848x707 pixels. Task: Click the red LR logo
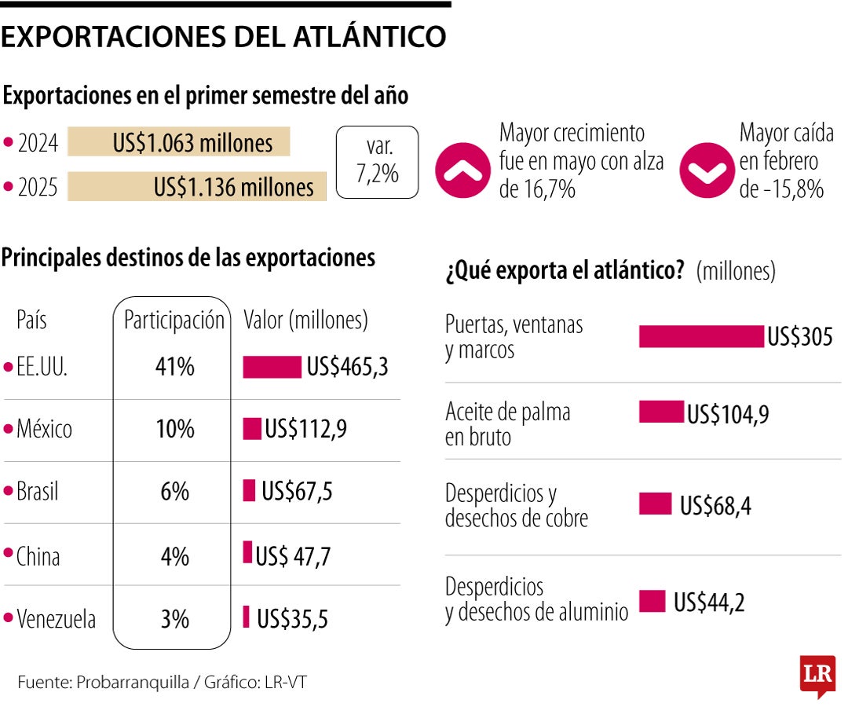[x=817, y=674]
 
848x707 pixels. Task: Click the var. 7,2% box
[x=377, y=162]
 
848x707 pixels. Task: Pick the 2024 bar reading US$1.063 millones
[x=179, y=143]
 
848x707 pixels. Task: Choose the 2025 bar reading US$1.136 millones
[x=197, y=187]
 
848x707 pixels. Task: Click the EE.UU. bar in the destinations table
[x=272, y=367]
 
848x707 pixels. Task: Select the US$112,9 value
[x=306, y=429]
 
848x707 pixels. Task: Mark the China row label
[x=38, y=556]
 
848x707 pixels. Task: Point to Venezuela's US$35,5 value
[x=292, y=619]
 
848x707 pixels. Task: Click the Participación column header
[x=174, y=321]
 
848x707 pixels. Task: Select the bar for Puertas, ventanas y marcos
[x=701, y=336]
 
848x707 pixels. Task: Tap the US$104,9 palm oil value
[x=728, y=414]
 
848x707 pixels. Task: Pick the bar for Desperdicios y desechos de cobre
[x=655, y=504]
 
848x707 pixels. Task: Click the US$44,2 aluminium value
[x=709, y=603]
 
